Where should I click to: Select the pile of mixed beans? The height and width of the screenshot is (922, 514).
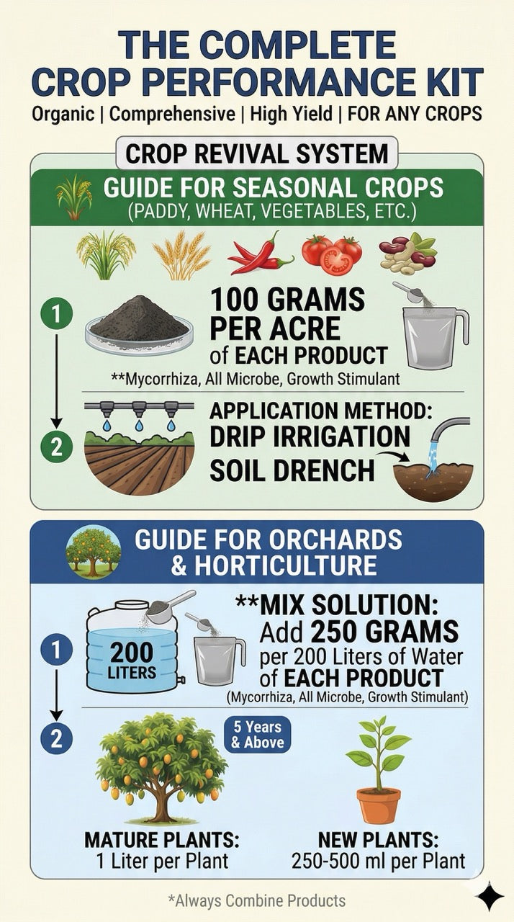click(407, 253)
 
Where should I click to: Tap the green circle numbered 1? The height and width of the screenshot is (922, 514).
click(57, 315)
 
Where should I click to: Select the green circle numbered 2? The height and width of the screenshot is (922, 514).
click(57, 447)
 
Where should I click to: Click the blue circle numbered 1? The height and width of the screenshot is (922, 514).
click(57, 650)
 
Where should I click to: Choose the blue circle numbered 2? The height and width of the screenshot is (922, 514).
click(57, 739)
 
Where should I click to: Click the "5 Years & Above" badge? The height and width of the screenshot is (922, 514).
click(258, 735)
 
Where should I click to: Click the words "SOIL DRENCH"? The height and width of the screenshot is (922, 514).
click(292, 470)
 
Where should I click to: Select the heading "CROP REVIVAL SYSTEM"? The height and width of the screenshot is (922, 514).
click(257, 153)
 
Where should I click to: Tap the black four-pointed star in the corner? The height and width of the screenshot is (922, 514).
click(490, 896)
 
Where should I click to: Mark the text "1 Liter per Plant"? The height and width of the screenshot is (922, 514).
click(162, 860)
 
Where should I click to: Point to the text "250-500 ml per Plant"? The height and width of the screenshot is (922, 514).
click(379, 860)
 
